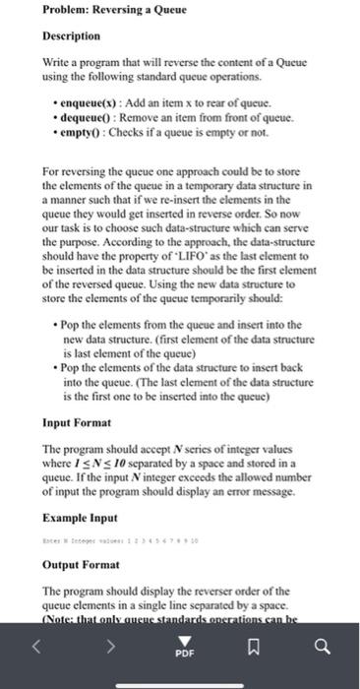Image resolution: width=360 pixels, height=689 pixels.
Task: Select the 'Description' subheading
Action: tap(71, 35)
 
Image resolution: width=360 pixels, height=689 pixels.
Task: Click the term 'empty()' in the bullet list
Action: tap(80, 134)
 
